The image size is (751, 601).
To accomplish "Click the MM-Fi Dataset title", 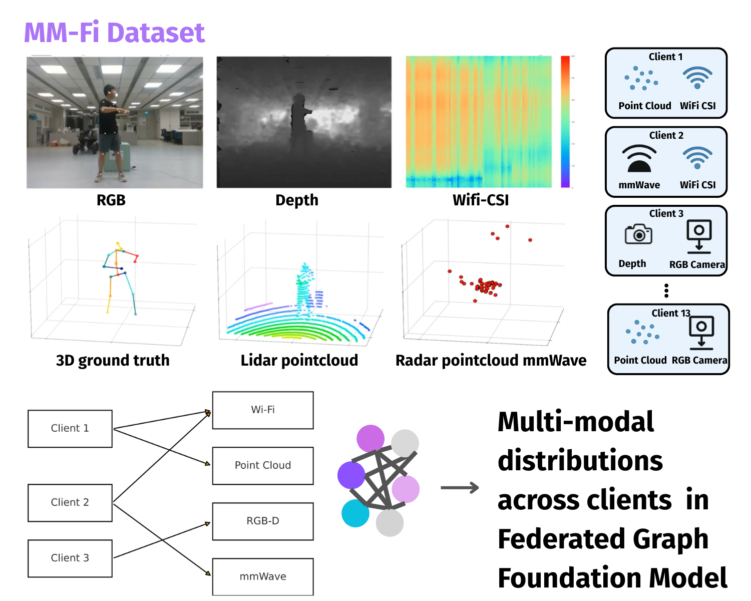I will pyautogui.click(x=114, y=33).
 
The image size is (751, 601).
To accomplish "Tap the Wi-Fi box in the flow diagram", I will pyautogui.click(x=263, y=410).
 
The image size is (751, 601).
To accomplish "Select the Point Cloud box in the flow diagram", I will pyautogui.click(x=263, y=466).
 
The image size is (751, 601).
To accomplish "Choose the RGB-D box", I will pyautogui.click(x=263, y=521).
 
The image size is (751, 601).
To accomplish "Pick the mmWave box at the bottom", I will pyautogui.click(x=263, y=577).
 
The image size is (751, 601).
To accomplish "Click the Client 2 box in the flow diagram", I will pyautogui.click(x=70, y=503).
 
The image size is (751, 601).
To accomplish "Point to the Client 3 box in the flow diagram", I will pyautogui.click(x=70, y=558).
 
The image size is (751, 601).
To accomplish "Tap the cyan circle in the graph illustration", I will pyautogui.click(x=355, y=513).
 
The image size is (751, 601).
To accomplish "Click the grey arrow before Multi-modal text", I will pyautogui.click(x=460, y=488).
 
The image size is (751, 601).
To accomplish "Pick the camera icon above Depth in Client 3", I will pyautogui.click(x=638, y=234).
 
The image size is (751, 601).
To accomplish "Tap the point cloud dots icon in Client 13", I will pyautogui.click(x=642, y=332).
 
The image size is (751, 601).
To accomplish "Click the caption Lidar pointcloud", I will pyautogui.click(x=299, y=361).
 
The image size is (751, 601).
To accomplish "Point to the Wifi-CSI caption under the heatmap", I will pyautogui.click(x=481, y=200).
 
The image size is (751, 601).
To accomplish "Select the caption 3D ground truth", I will pyautogui.click(x=113, y=361).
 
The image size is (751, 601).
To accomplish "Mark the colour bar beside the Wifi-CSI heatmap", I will pyautogui.click(x=565, y=122).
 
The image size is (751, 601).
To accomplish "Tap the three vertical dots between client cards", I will pyautogui.click(x=666, y=290).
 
